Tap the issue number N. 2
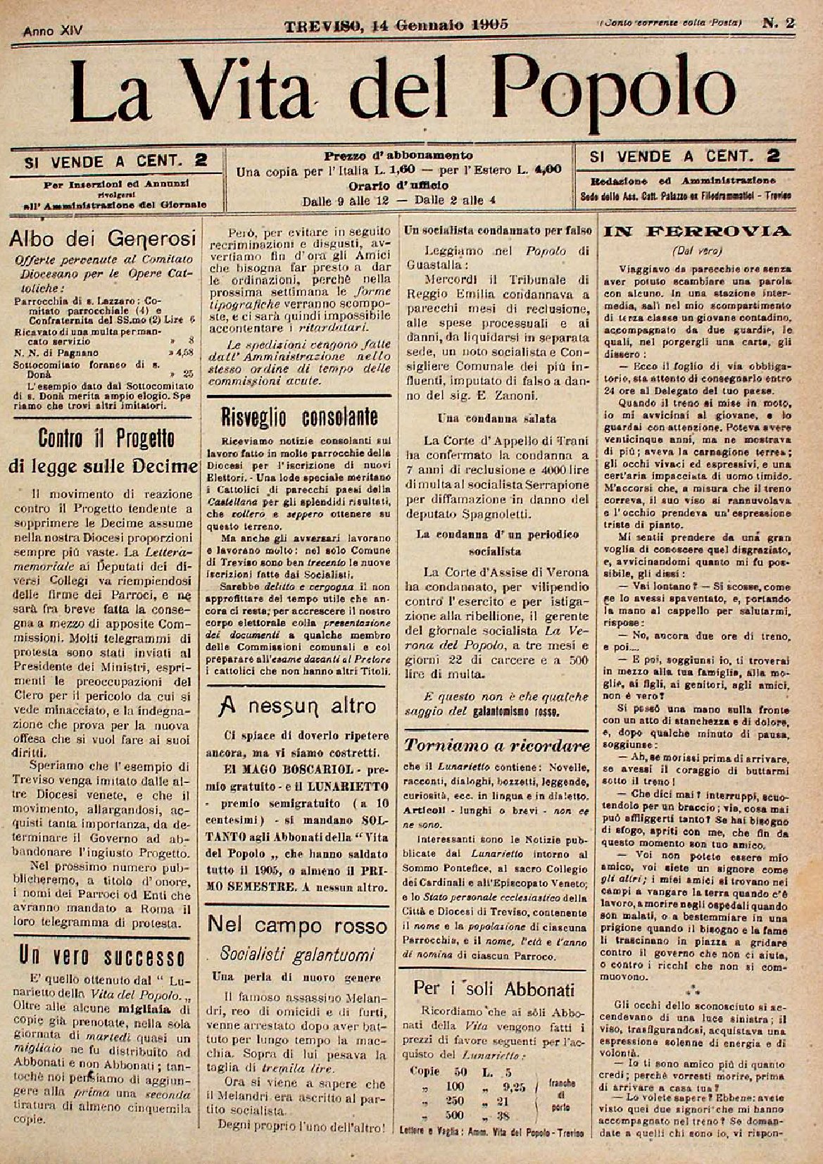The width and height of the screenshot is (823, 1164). coord(779,23)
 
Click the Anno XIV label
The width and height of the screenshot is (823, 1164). coord(53,30)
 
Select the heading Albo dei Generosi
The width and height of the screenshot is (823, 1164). coord(97,238)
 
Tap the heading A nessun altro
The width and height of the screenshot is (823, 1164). coord(297,705)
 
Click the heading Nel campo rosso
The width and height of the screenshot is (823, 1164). coord(298,925)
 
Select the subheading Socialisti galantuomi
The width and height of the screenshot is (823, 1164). coord(297,954)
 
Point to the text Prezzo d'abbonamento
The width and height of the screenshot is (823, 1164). coord(398,156)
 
